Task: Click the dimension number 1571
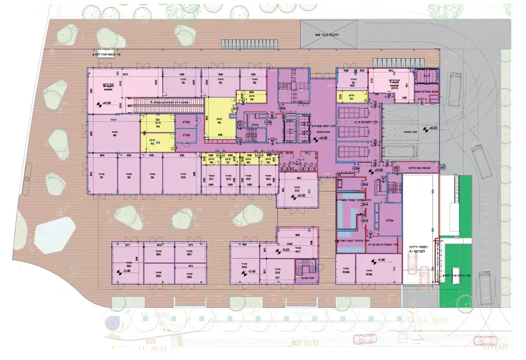(125, 74)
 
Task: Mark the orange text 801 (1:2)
(304, 343)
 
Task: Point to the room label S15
(297, 183)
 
